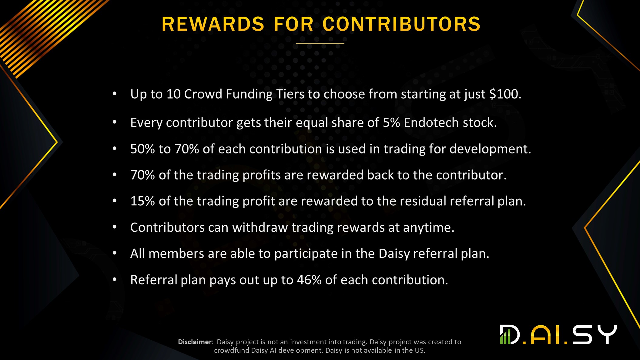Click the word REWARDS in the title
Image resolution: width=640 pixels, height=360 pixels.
[x=213, y=24]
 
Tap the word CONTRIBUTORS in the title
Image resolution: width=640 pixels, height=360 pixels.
[x=401, y=24]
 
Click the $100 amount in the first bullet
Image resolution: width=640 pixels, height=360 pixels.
[x=505, y=94]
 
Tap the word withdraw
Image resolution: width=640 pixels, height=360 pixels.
[x=260, y=227]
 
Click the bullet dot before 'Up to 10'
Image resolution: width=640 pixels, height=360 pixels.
[x=115, y=94]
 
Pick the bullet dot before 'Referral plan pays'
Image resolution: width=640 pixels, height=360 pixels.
[x=115, y=280]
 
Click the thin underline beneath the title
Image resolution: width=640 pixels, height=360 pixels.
[x=320, y=43]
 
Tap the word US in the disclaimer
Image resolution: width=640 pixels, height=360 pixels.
[x=420, y=350]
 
